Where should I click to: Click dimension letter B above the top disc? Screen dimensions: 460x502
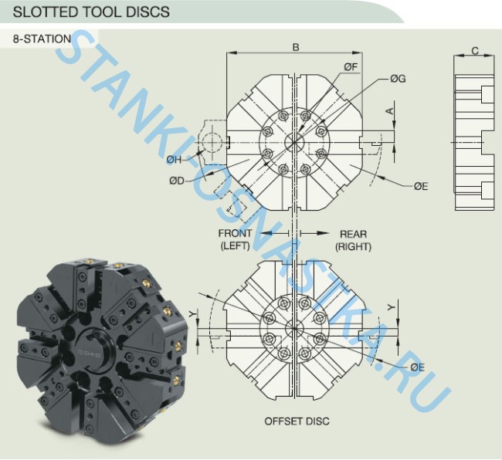point(295,47)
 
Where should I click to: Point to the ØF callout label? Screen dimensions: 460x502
point(351,67)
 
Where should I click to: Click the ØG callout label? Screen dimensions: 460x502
point(398,79)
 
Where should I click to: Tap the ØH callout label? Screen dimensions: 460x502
point(175,160)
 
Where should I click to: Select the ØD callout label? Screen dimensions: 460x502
point(178,181)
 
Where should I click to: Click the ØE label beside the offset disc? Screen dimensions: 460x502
point(417,366)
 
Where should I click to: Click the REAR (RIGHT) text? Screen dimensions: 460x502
point(353,240)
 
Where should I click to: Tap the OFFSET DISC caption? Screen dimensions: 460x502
point(297,421)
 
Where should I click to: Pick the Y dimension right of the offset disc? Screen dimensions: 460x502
point(392,306)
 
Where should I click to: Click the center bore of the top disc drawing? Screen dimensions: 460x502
point(294,143)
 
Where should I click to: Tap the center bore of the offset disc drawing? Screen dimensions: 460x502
point(294,328)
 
